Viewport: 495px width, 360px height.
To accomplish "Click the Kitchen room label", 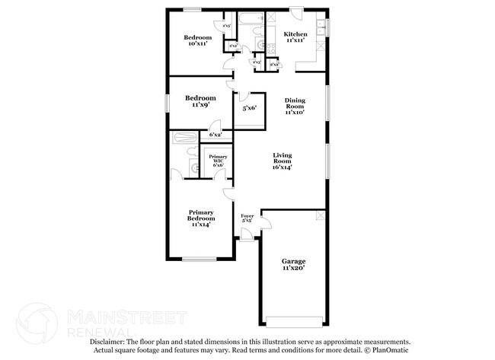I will [295, 34].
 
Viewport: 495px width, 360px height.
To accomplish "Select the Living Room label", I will [283, 161].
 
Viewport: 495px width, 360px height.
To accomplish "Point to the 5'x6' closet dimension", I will [249, 108].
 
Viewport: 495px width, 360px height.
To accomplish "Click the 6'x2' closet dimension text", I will [216, 135].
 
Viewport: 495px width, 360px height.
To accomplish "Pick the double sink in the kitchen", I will [322, 28].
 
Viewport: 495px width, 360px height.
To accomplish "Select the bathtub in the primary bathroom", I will [184, 138].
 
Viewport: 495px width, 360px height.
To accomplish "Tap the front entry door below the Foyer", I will [247, 240].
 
